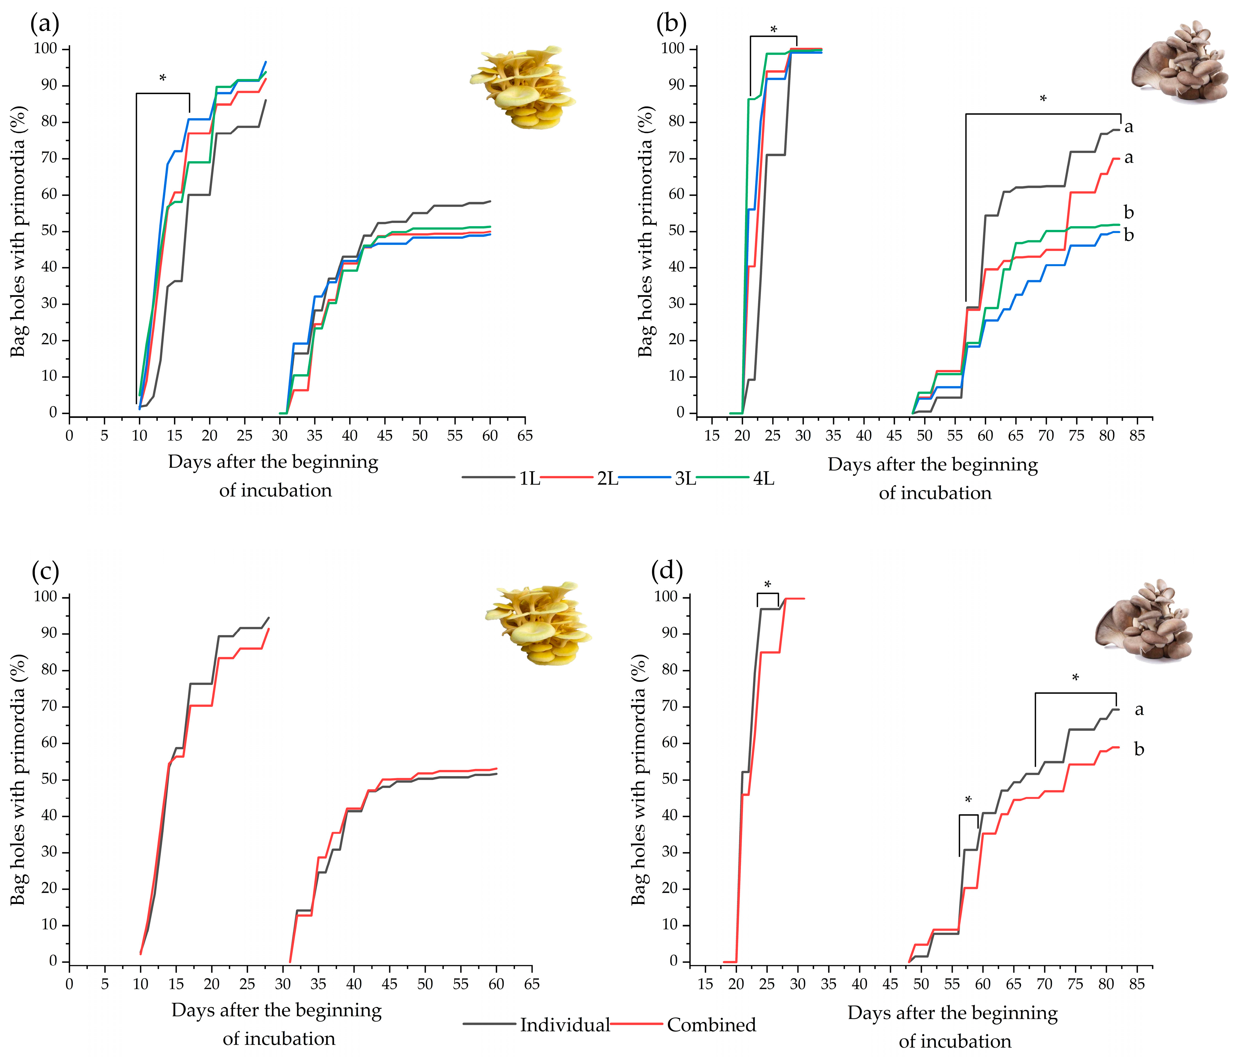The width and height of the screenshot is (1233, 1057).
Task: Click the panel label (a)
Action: [x=45, y=24]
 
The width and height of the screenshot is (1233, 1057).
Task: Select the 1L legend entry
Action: [x=529, y=479]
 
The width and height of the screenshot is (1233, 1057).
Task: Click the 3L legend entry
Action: [x=685, y=479]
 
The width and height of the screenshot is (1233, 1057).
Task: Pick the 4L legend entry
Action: [x=763, y=479]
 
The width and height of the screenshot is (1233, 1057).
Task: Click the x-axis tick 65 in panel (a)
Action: [x=524, y=436]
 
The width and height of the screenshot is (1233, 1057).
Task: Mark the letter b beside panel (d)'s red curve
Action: [x=1138, y=749]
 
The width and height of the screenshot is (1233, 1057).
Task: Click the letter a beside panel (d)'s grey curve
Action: [x=1138, y=709]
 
